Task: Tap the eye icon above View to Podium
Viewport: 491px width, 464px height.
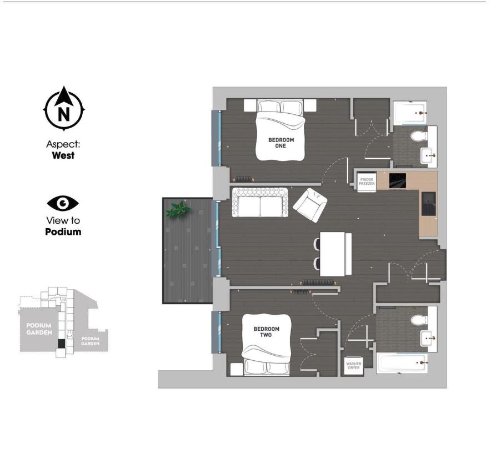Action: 63,203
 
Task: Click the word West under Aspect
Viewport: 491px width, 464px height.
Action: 63,156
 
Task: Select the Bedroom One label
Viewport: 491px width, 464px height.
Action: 280,143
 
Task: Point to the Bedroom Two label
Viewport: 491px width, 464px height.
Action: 267,332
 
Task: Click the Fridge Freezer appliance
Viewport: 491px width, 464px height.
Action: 367,181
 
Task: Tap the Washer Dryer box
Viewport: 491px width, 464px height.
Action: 353,366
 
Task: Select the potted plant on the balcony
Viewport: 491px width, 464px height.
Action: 178,209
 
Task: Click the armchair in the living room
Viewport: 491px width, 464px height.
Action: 309,204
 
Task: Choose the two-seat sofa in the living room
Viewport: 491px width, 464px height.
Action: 260,202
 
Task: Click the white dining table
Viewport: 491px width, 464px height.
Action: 335,253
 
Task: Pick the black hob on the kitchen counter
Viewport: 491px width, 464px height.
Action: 397,181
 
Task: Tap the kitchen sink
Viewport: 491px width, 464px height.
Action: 428,203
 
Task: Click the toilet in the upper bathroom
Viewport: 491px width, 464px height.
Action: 417,135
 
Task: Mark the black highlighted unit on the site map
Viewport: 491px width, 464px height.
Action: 61,344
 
